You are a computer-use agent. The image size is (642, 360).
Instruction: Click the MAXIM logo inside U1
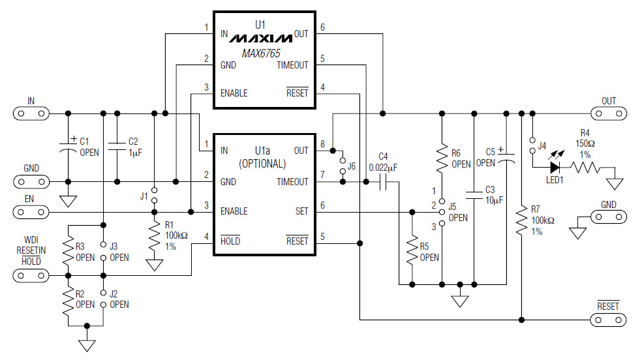[265, 38]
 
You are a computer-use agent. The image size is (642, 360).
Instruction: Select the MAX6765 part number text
[265, 53]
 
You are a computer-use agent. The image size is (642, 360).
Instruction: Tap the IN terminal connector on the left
[31, 113]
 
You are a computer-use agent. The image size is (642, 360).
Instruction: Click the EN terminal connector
[31, 212]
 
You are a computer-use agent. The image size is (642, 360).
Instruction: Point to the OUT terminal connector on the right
[608, 113]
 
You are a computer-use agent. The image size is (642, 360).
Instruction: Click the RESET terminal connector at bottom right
[608, 320]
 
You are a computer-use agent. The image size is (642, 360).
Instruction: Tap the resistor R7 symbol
[521, 220]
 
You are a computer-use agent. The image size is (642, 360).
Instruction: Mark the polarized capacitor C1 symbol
[68, 147]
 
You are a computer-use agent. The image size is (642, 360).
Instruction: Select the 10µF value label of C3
[494, 200]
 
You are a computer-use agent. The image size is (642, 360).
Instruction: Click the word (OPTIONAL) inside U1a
[261, 164]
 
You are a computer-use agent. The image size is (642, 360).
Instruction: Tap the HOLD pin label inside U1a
[230, 241]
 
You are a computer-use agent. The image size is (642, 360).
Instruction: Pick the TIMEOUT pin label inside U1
[292, 65]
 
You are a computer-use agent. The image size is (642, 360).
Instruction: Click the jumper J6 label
[352, 166]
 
